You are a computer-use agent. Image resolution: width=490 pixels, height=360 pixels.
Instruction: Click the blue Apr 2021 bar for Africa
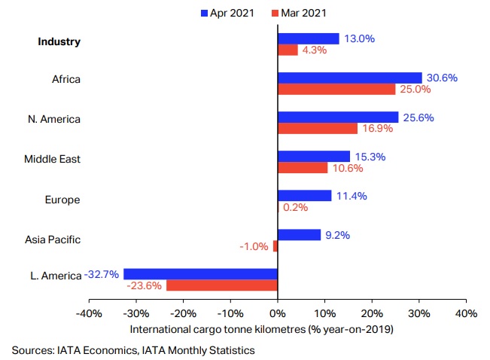click(x=350, y=78)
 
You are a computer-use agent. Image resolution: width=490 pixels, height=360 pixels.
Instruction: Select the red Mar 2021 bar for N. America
click(x=318, y=128)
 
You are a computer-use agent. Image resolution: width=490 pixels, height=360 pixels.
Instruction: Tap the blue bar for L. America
click(x=201, y=274)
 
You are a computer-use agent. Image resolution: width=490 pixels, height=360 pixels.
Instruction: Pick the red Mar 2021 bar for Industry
click(x=288, y=50)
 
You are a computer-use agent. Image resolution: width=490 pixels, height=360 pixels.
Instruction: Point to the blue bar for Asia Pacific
click(x=299, y=234)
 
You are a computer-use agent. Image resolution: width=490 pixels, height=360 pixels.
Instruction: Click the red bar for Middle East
click(x=303, y=168)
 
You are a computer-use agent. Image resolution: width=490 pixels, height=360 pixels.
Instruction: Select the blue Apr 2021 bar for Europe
click(x=304, y=195)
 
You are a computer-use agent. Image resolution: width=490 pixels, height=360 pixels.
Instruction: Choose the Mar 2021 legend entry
click(x=300, y=13)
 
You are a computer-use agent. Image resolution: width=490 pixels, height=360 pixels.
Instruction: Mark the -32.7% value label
click(x=102, y=274)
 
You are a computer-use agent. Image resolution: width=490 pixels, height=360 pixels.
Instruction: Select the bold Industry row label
click(x=59, y=41)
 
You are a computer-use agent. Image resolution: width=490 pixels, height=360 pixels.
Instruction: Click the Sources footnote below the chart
click(x=133, y=349)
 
